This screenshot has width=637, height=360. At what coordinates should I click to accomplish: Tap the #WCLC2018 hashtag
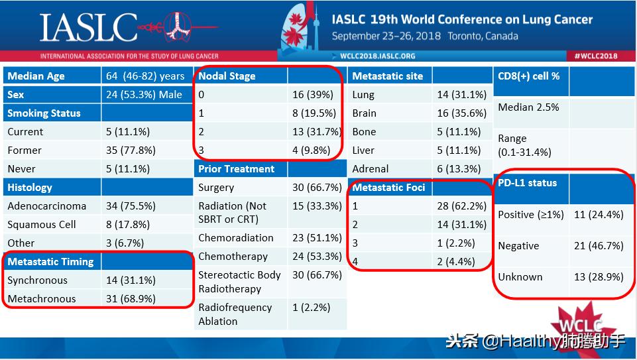(596, 56)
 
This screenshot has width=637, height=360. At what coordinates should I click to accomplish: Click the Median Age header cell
(36, 76)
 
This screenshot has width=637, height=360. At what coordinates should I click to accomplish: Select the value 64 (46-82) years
(145, 76)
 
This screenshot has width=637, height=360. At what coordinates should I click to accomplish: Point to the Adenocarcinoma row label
(46, 206)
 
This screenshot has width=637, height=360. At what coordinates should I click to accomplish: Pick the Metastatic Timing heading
(50, 262)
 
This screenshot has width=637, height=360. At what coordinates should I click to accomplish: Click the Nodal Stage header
(227, 76)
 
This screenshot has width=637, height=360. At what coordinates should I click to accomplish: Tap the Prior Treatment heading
(236, 169)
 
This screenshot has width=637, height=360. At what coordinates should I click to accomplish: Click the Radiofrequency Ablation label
(235, 314)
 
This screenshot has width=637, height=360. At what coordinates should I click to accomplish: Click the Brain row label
(364, 113)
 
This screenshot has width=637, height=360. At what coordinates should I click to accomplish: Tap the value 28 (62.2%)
(462, 206)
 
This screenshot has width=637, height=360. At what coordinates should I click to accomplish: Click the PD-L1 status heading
(528, 183)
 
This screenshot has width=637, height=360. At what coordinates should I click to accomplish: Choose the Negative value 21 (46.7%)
(599, 246)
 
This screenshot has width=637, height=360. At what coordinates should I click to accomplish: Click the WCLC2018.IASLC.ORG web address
(377, 56)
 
